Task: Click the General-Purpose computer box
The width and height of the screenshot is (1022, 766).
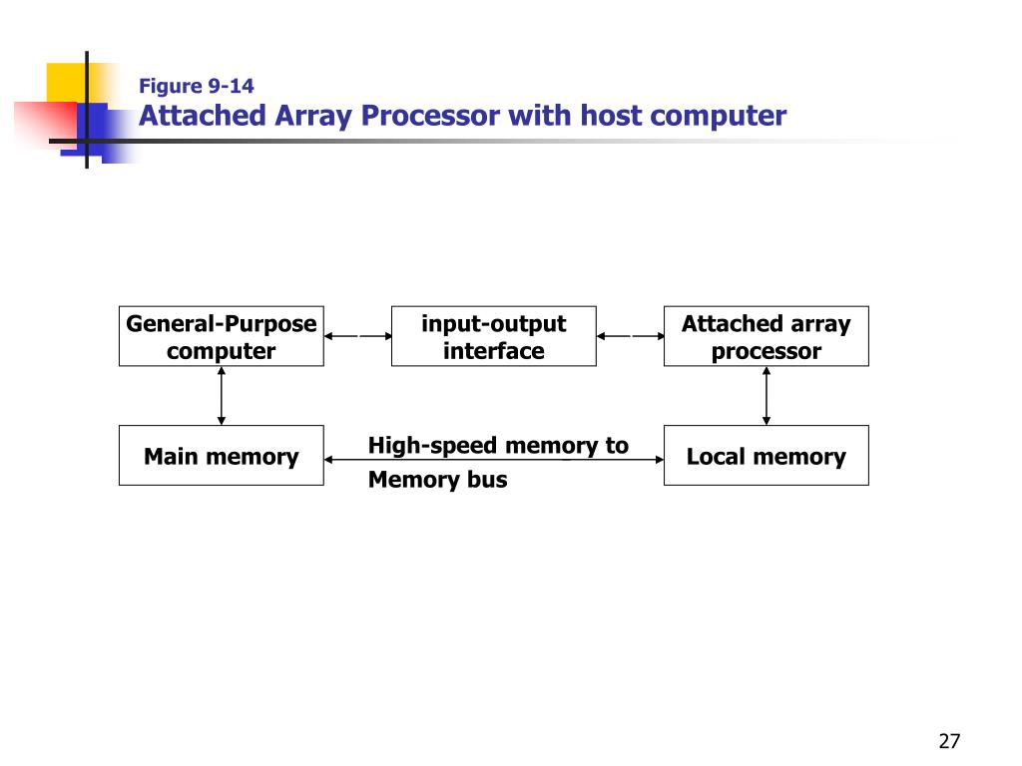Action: [221, 336]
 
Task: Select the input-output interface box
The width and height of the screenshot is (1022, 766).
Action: [493, 336]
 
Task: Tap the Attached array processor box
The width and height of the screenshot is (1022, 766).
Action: [766, 336]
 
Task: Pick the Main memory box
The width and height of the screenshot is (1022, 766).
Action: [221, 456]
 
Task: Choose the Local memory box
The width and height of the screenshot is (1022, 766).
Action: [766, 456]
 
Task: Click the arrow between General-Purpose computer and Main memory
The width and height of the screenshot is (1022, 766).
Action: [221, 396]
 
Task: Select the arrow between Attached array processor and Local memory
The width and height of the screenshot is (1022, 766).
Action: [766, 396]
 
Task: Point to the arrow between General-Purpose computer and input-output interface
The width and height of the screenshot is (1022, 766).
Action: [357, 336]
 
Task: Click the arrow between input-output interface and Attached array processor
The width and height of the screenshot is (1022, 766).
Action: [630, 336]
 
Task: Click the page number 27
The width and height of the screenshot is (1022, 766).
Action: [948, 741]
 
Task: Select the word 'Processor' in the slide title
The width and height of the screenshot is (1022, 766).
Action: [431, 117]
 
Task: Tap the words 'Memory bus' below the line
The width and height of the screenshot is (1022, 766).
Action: [437, 480]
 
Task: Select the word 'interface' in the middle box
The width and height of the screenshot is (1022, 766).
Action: [493, 351]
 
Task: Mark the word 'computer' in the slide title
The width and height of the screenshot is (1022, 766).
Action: [718, 117]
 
